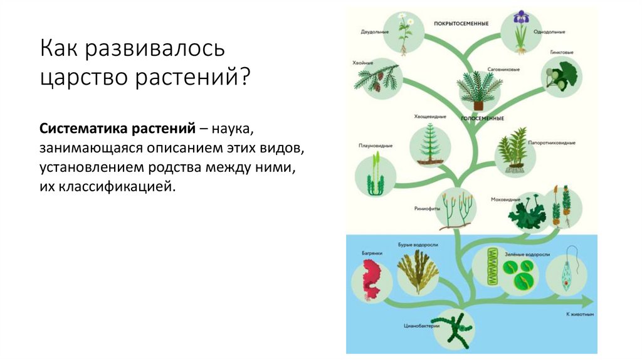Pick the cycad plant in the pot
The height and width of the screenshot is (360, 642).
[479, 88]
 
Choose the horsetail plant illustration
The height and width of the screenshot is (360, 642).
[431, 144]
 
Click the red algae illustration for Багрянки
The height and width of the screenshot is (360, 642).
[372, 279]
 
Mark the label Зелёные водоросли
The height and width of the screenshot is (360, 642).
[527, 255]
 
